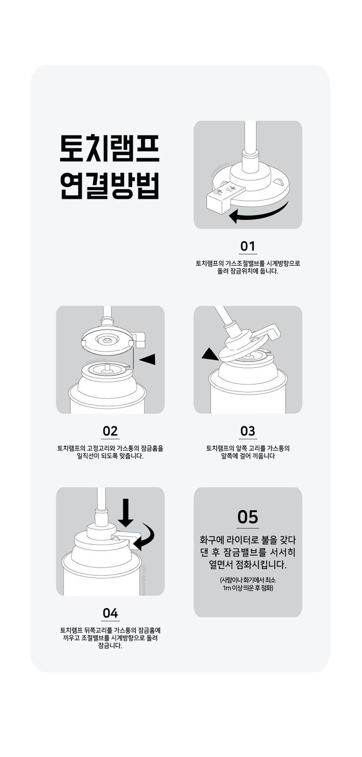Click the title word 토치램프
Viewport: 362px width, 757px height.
110,148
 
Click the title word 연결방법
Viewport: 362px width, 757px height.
110,186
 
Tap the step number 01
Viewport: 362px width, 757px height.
248,246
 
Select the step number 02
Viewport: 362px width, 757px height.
110,431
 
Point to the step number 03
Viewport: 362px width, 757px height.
248,431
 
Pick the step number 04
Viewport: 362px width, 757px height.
110,613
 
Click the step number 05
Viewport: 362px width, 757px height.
248,517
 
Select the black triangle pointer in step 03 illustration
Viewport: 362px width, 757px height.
210,355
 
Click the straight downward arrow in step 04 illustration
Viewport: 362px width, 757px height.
125,513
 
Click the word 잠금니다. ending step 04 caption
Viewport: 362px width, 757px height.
110,646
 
